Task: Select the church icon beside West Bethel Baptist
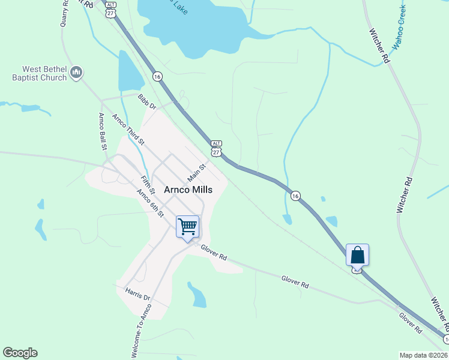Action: [76, 73]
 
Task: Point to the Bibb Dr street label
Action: [146, 101]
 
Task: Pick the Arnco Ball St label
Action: [103, 131]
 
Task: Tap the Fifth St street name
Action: [148, 184]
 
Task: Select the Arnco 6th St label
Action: [150, 203]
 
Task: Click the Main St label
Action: [196, 173]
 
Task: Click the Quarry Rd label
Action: [65, 13]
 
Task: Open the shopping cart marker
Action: [188, 227]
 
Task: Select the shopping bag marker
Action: [357, 255]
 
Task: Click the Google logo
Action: [20, 353]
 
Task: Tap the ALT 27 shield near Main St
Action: [217, 148]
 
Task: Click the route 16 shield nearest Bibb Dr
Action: [157, 76]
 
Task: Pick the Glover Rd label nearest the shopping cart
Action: [214, 253]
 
